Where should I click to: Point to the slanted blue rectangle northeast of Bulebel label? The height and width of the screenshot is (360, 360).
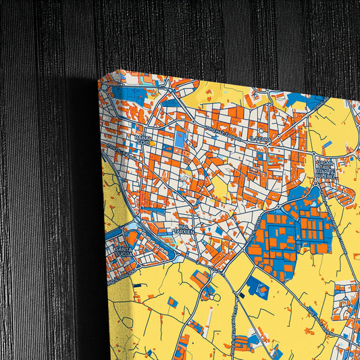tap(327, 145)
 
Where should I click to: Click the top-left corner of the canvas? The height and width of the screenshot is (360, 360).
tap(100, 78)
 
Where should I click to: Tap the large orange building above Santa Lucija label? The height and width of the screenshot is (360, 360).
tap(132, 237)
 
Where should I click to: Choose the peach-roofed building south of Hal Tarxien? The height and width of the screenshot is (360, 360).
tap(200, 278)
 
